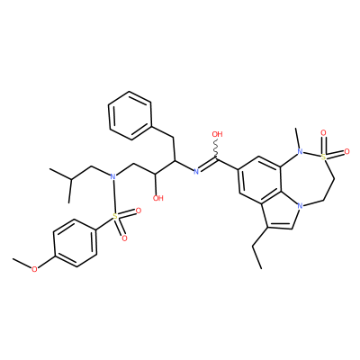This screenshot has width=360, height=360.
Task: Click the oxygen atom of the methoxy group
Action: coord(35,269)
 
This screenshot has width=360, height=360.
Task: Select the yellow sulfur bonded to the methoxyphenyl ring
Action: coord(114,216)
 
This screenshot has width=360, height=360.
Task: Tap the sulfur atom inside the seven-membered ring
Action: coord(323,156)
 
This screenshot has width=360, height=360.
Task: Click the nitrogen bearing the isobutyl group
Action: coord(112,176)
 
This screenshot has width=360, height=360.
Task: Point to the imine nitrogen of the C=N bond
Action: coord(196,172)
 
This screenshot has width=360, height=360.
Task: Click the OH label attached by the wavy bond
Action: coord(217,134)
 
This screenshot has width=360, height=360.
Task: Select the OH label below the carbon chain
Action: coord(157,198)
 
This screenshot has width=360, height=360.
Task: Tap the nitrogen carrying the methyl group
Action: coord(300,152)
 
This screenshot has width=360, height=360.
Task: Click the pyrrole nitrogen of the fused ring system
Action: coord(299,206)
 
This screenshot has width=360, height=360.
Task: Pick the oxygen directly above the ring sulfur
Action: coord(323,132)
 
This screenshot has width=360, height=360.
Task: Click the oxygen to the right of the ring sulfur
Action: coord(346,151)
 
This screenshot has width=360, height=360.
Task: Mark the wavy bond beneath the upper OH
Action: coord(216,148)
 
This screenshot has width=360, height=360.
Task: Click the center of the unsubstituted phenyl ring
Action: coord(130,115)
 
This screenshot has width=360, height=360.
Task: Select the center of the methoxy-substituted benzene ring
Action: coord(75,243)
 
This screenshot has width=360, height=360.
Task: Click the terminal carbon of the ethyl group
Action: coord(261,268)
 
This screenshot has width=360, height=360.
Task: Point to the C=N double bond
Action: coord(207,165)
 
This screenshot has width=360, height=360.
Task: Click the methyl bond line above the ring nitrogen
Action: coord(298,138)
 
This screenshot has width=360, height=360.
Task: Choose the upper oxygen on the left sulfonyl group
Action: coord(139,211)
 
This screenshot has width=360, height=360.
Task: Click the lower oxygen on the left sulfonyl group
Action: coord(124,238)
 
